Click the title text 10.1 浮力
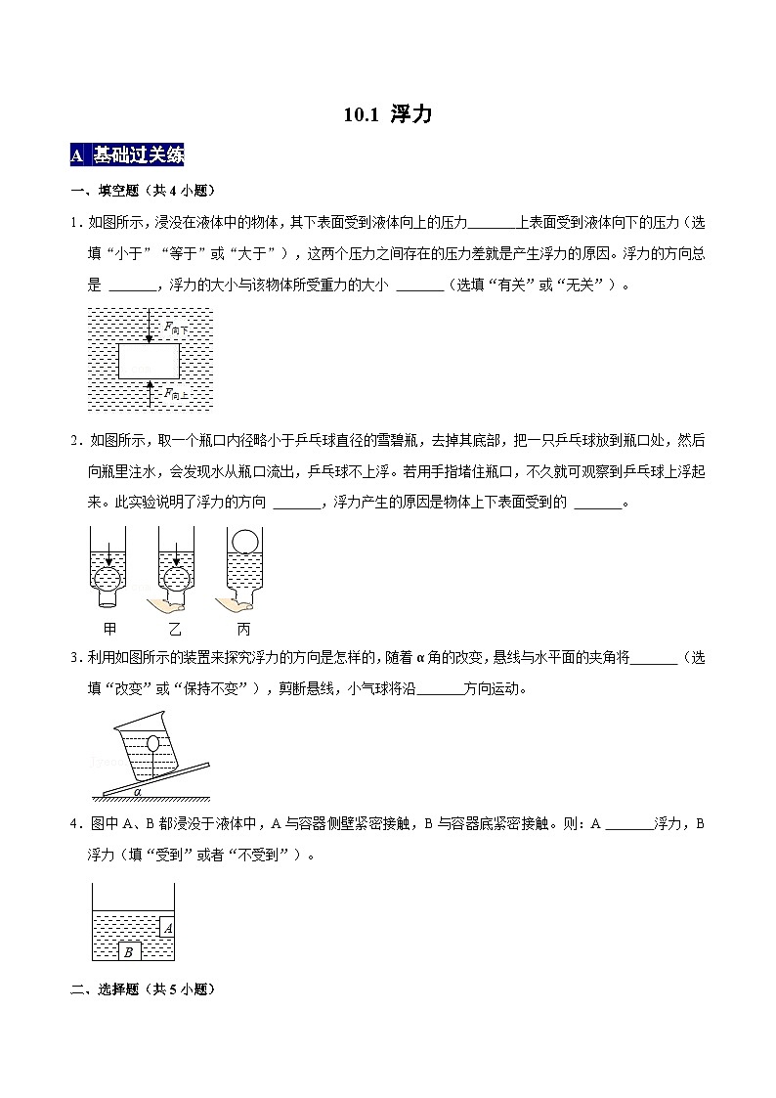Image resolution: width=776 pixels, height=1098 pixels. pos(387,114)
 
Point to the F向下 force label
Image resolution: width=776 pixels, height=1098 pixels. pos(175,329)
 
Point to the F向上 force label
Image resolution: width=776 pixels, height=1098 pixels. pos(175,393)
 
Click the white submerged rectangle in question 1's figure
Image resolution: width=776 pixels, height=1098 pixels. pos(149,361)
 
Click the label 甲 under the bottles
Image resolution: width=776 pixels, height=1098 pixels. pos(109,628)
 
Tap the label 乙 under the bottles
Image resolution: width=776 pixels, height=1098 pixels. pos(176,628)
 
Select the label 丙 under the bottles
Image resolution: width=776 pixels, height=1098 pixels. pos(243,628)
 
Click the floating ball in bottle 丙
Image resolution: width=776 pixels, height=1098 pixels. pos(243,541)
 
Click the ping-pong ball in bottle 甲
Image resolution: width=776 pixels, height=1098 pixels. pos(108,579)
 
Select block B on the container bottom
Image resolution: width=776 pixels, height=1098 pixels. pos(128,951)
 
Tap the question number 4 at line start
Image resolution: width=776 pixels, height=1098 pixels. pos(75,823)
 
